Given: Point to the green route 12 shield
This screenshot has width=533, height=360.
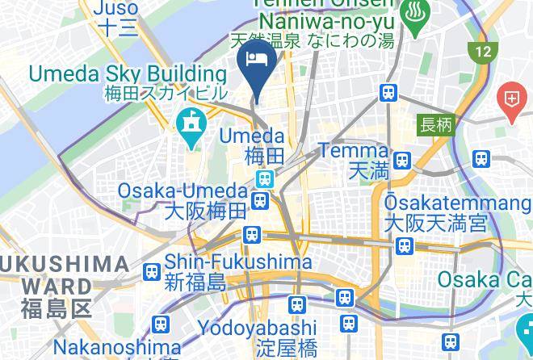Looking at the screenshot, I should pyautogui.click(x=482, y=52).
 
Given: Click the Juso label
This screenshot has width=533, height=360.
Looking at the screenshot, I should pyautogui.click(x=118, y=9).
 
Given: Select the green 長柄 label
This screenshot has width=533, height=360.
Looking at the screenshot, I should pyautogui.click(x=436, y=125).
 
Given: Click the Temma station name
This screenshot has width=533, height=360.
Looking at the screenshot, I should pyautogui.click(x=353, y=150).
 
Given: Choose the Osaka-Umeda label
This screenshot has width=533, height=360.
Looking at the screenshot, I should pyautogui.click(x=182, y=191).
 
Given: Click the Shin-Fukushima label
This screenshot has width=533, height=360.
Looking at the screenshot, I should pyautogui.click(x=238, y=262).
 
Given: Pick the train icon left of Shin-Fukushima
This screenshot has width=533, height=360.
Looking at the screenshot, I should pyautogui.click(x=151, y=272).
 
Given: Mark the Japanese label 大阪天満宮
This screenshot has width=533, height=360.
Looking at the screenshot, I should pyautogui.click(x=435, y=222).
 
